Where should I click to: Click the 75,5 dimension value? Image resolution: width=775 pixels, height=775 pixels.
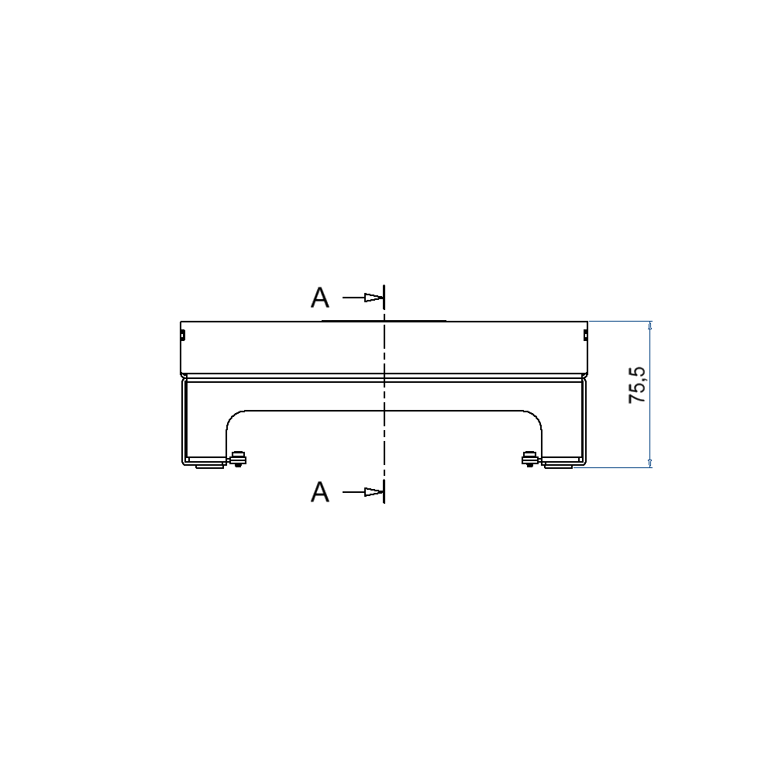pyautogui.click(x=637, y=385)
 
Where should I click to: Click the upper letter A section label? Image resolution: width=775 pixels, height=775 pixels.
pyautogui.click(x=320, y=298)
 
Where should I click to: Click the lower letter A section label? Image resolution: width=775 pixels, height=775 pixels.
pyautogui.click(x=320, y=492)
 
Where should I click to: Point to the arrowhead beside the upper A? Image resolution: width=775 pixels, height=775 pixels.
pyautogui.click(x=374, y=298)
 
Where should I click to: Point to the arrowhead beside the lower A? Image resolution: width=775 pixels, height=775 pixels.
pyautogui.click(x=374, y=492)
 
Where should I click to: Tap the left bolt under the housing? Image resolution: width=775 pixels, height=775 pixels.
pyautogui.click(x=238, y=459)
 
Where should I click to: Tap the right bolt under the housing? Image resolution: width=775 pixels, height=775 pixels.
pyautogui.click(x=530, y=459)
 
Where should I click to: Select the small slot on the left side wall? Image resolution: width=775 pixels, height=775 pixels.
pyautogui.click(x=182, y=336)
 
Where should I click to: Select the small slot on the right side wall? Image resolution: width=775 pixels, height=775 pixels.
pyautogui.click(x=586, y=336)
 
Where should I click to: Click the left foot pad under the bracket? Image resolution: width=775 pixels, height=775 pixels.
pyautogui.click(x=209, y=466)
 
